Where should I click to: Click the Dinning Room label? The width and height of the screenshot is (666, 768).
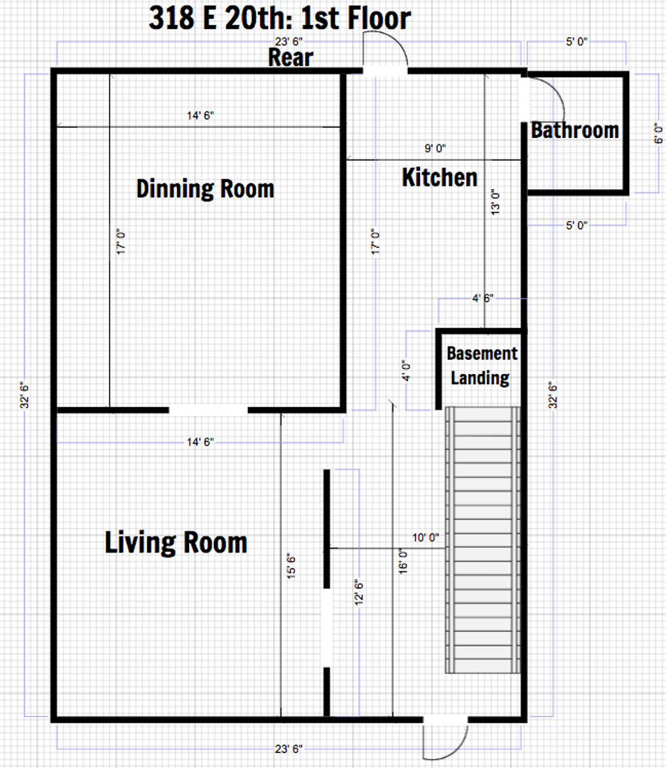(x=205, y=189)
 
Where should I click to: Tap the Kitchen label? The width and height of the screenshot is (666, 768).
(x=439, y=177)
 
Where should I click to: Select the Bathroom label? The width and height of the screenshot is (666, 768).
(x=575, y=130)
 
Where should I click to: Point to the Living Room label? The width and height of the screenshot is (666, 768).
(x=176, y=543)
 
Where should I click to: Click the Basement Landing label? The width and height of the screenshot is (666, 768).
(x=482, y=366)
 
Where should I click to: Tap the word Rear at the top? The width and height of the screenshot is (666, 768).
(x=291, y=58)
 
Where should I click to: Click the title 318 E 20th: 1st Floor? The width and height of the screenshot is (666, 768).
(x=279, y=18)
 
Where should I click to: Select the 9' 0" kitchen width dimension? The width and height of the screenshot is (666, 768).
(x=435, y=148)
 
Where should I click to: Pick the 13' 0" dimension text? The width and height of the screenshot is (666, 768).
(x=495, y=203)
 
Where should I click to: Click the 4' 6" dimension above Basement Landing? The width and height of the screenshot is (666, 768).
(x=483, y=298)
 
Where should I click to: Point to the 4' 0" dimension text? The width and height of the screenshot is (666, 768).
(x=406, y=371)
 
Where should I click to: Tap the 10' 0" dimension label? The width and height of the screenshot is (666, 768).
(x=425, y=538)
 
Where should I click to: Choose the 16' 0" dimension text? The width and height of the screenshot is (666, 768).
(x=402, y=561)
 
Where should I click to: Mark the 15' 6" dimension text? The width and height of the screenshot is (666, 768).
(x=291, y=567)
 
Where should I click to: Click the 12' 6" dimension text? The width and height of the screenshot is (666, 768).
(x=358, y=592)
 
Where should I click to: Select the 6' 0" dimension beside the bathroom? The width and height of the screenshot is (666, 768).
(x=658, y=133)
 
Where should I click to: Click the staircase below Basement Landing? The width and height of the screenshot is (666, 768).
(x=483, y=540)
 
